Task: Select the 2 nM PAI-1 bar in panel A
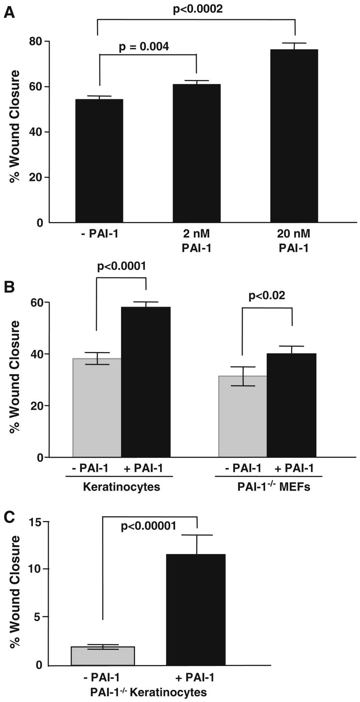[196, 153]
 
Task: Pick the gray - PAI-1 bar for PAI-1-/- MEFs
[243, 416]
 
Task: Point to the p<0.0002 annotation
[198, 9]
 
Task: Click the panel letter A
[9, 13]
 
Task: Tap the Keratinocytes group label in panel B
[121, 487]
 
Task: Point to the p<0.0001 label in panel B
[121, 266]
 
